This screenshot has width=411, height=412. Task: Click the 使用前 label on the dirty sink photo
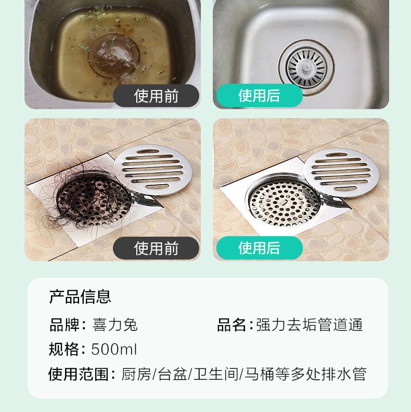point(156,96)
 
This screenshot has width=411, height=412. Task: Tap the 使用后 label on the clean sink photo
point(259,95)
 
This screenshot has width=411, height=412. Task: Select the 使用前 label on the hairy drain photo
point(156,248)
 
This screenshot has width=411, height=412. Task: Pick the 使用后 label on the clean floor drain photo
point(259,248)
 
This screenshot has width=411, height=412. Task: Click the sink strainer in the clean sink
point(306,67)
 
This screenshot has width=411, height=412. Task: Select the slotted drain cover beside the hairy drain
point(153,170)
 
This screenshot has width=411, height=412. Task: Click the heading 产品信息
point(80,297)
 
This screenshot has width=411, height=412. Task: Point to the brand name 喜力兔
point(115,325)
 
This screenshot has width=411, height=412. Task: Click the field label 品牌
point(65,325)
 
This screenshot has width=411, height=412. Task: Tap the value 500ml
point(114,349)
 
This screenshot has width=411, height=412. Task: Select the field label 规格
point(64,349)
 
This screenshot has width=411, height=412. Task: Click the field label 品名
point(232,325)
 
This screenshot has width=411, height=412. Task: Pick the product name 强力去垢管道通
point(310,325)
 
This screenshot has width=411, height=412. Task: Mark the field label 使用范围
point(79,374)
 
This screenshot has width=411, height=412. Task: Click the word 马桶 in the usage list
point(260,374)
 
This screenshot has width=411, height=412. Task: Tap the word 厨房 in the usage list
point(136,374)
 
